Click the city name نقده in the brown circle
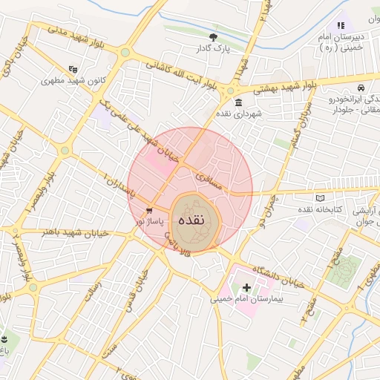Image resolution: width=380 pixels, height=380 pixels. click(196, 220)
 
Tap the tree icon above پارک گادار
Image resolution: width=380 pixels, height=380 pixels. click(214, 37)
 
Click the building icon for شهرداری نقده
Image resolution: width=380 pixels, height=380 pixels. click(238, 103)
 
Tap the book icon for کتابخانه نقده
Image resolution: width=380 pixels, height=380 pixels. click(320, 199)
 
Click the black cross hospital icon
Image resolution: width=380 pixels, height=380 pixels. click(246, 286)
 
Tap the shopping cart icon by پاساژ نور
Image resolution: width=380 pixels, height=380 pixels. click(150, 210)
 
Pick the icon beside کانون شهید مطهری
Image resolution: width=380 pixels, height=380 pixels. click(73, 68)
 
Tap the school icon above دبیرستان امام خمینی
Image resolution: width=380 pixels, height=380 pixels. click(341, 26)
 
